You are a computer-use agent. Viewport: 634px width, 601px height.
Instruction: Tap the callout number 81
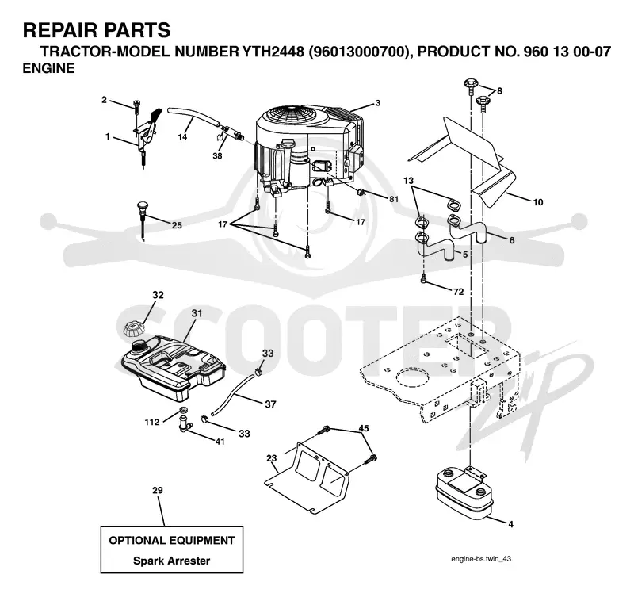click(x=393, y=199)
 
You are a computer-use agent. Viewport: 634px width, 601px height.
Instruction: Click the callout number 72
click(x=458, y=292)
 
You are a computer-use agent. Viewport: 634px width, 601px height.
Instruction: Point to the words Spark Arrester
click(x=171, y=561)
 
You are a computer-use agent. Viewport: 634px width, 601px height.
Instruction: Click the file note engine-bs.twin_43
click(x=481, y=558)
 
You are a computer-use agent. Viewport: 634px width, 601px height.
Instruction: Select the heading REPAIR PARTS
click(x=97, y=30)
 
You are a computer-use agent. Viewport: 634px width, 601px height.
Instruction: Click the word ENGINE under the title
click(x=48, y=68)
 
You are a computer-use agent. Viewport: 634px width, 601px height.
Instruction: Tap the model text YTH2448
click(x=273, y=52)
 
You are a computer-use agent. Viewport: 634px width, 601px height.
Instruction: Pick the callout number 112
click(x=151, y=423)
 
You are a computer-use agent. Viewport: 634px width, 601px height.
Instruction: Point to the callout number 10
click(x=538, y=202)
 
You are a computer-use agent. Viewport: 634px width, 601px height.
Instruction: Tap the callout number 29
click(x=157, y=490)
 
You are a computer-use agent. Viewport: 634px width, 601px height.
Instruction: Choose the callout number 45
click(x=364, y=428)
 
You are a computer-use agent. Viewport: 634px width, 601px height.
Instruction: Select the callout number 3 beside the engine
click(x=378, y=103)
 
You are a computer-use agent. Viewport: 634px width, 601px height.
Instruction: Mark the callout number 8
click(x=499, y=90)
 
